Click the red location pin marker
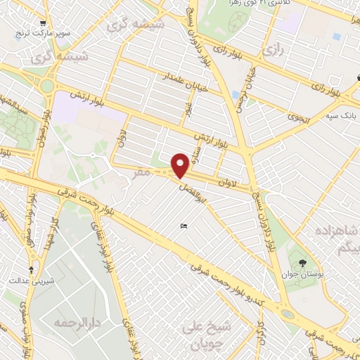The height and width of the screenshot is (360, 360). [x=181, y=165]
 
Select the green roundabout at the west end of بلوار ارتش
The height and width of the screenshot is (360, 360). [x=48, y=86]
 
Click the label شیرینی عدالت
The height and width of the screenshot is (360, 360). [x=27, y=281]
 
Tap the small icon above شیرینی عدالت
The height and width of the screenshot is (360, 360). [x=30, y=269]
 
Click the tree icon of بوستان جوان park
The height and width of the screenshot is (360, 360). [x=303, y=263]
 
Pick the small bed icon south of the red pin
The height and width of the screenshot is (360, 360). [x=184, y=225]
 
